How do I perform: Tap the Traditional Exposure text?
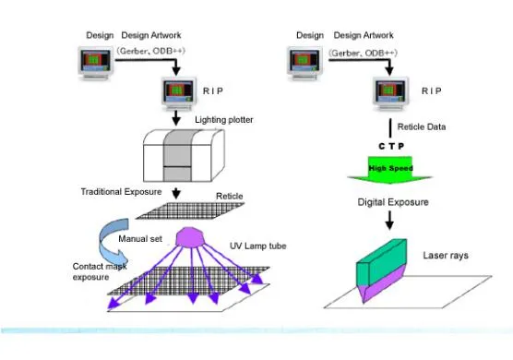pyautogui.click(x=122, y=191)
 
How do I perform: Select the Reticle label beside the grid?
pyautogui.click(x=229, y=196)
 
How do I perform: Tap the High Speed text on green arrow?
pyautogui.click(x=390, y=168)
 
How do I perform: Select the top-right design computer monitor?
pyautogui.click(x=306, y=62)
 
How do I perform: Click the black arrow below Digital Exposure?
pyautogui.click(x=390, y=221)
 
